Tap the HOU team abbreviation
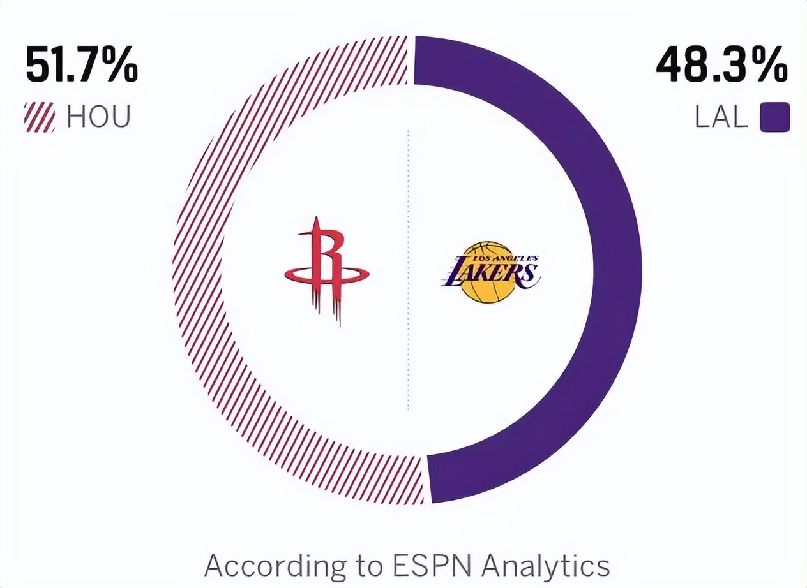tap(98, 117)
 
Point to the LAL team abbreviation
tap(721, 118)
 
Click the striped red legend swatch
tap(40, 117)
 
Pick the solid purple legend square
tap(774, 118)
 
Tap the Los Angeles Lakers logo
tap(490, 272)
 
